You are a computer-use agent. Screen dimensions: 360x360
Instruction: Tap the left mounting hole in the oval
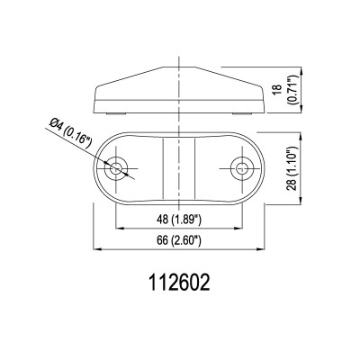(116, 168)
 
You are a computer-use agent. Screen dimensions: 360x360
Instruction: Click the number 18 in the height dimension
(274, 90)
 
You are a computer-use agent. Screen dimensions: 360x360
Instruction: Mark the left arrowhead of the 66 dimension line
(97, 248)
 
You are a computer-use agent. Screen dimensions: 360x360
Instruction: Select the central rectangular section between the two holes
(178, 168)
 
